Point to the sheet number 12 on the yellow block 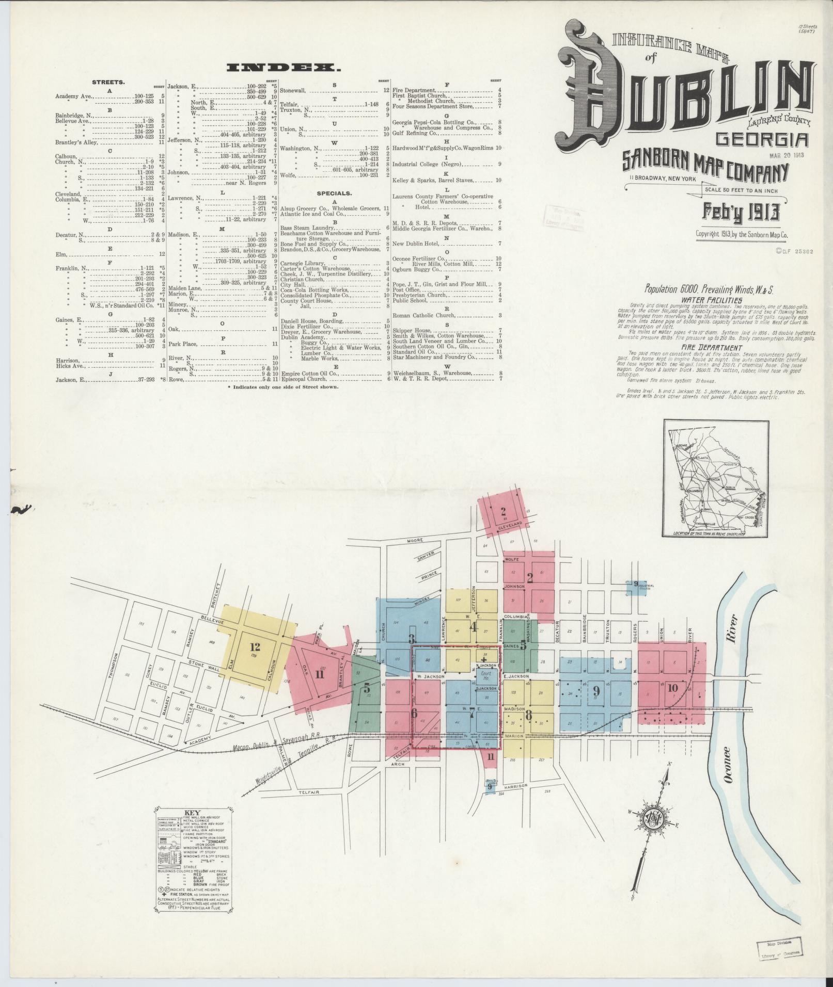point(254,646)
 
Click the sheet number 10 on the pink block point(672,687)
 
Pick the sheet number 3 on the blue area point(412,638)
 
